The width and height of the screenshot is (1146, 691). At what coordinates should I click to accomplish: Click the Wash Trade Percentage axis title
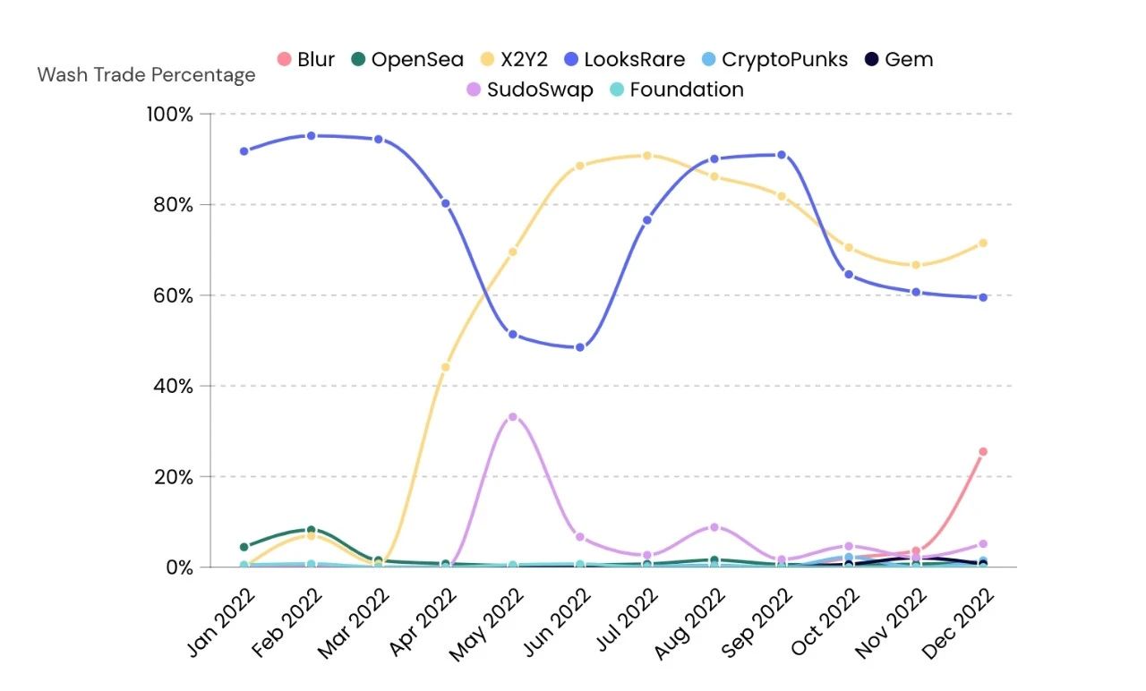click(x=146, y=75)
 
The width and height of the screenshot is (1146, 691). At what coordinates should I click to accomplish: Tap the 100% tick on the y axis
click(x=170, y=115)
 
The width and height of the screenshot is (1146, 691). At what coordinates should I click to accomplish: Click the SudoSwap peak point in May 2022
click(x=512, y=417)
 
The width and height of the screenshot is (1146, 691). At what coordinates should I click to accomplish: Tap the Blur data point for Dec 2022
click(x=982, y=452)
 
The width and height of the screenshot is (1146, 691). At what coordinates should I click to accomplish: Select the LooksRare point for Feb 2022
click(x=311, y=136)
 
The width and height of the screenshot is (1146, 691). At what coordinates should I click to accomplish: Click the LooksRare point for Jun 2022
click(x=579, y=347)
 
